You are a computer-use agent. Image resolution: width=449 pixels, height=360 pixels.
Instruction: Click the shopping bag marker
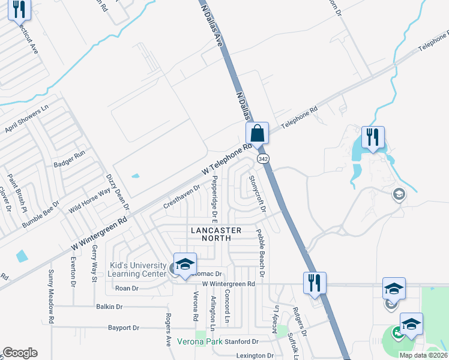(x=257, y=133)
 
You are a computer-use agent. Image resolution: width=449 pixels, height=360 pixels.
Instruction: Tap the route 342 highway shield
(x=263, y=158)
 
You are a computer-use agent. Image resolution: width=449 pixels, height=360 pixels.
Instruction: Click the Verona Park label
(x=198, y=342)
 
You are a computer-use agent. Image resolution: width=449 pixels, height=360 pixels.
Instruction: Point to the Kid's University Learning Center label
(x=137, y=269)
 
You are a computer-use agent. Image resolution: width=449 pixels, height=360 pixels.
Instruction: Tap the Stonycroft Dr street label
(x=257, y=193)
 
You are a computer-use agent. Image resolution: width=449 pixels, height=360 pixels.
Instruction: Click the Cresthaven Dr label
(x=182, y=197)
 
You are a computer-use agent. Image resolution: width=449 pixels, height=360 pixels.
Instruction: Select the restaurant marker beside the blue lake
(x=373, y=139)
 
